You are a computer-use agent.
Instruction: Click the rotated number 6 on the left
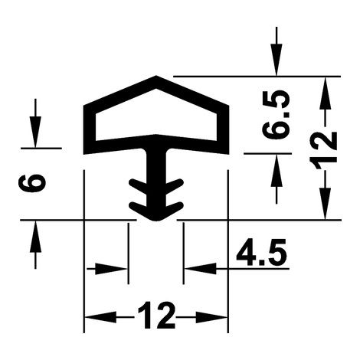(32, 183)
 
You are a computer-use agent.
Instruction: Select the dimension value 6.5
(276, 114)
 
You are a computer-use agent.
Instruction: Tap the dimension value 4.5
(262, 253)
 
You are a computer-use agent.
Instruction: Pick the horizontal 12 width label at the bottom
(156, 315)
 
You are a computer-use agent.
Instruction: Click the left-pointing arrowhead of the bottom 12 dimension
(100, 317)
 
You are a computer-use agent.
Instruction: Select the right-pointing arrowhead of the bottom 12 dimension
(211, 317)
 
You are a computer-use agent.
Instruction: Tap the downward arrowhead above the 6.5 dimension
(277, 60)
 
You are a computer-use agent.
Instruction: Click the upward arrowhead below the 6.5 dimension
(277, 170)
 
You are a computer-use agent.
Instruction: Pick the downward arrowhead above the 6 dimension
(35, 132)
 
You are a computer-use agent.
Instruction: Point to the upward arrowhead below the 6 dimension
(35, 236)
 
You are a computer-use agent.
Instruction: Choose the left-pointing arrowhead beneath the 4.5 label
(201, 269)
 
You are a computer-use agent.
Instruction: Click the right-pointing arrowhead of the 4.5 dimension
(111, 269)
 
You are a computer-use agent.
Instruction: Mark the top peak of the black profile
(156, 76)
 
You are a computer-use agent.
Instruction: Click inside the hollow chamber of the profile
(156, 115)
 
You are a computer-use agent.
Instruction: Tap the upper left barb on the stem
(138, 185)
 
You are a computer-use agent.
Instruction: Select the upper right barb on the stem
(175, 185)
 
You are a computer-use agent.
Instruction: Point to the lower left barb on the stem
(138, 208)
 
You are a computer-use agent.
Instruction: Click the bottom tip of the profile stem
(156, 221)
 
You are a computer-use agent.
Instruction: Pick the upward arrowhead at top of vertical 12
(326, 93)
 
